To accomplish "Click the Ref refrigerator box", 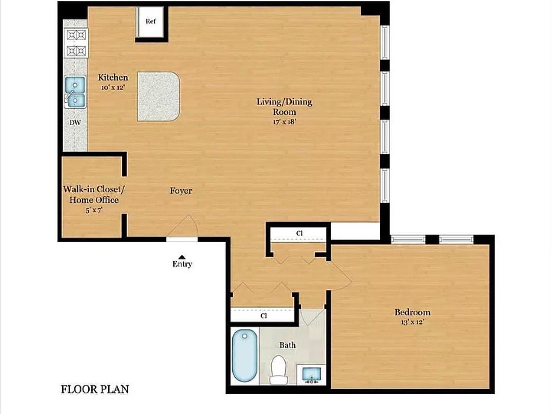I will tap(150, 22).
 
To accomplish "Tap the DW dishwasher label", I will tap(75, 123).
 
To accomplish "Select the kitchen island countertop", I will tap(158, 96).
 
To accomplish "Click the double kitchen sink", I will tap(75, 92).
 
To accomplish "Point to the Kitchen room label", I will tap(113, 77).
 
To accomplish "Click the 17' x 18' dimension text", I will tap(284, 122).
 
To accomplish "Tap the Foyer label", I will tap(181, 191).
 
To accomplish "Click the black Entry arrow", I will tap(182, 257).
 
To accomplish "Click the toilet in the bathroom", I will tap(278, 370).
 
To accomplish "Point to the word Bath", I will tap(287, 345).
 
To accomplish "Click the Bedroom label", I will tap(412, 312).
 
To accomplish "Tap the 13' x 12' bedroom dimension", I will tap(412, 322).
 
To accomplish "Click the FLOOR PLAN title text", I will tap(95, 390).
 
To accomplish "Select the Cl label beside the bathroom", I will tap(264, 315).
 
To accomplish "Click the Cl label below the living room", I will tap(299, 233).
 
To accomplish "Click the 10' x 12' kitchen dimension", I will tap(113, 87).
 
